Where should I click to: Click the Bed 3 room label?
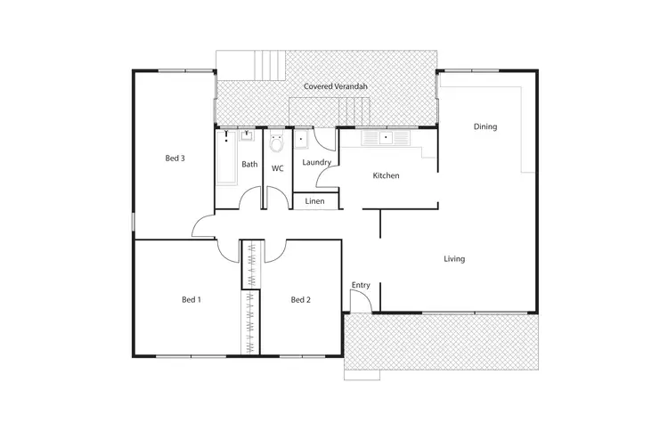pyautogui.click(x=175, y=159)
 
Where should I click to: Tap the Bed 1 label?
pyautogui.click(x=191, y=300)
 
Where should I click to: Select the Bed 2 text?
pyautogui.click(x=301, y=300)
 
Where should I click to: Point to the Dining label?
pyautogui.click(x=485, y=126)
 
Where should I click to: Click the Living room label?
pyautogui.click(x=454, y=259)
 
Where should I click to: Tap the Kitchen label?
pyautogui.click(x=386, y=175)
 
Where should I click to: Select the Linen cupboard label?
pyautogui.click(x=314, y=202)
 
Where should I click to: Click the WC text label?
pyautogui.click(x=277, y=167)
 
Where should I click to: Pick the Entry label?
pyautogui.click(x=360, y=285)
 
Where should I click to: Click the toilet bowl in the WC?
pyautogui.click(x=277, y=142)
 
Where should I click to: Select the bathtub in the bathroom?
pyautogui.click(x=226, y=160)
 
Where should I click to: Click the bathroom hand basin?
pyautogui.click(x=247, y=137)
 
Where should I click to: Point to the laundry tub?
pyautogui.click(x=303, y=138)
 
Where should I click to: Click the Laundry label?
pyautogui.click(x=317, y=163)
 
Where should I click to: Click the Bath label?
pyautogui.click(x=249, y=164)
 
